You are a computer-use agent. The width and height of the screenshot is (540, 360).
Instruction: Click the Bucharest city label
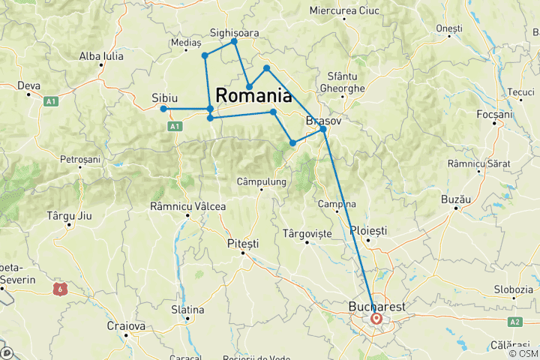click(377, 307)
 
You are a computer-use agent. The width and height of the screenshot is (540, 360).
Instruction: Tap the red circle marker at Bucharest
click(376, 319)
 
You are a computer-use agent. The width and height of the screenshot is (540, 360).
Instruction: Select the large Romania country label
click(254, 96)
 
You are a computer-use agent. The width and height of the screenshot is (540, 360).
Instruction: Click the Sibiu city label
click(165, 97)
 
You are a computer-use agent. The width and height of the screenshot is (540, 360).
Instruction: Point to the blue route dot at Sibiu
click(163, 109)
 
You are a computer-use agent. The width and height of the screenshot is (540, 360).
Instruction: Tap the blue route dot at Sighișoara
click(235, 41)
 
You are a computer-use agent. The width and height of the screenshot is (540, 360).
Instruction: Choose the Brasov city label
click(324, 120)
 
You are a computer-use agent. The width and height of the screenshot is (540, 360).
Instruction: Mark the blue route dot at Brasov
click(323, 130)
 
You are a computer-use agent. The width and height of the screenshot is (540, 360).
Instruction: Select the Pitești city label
click(242, 244)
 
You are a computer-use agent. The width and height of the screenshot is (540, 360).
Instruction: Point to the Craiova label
click(125, 326)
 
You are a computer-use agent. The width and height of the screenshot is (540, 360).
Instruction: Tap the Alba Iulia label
click(102, 55)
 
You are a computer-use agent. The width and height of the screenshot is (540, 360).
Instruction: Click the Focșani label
click(494, 115)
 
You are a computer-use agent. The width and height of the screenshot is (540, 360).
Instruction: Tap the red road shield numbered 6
click(59, 287)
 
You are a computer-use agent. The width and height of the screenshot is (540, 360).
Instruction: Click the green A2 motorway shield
click(515, 322)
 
